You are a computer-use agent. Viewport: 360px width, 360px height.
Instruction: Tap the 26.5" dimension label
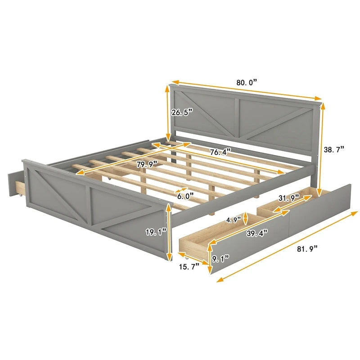pos(182,112)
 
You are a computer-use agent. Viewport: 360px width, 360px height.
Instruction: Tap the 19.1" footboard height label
pos(156,232)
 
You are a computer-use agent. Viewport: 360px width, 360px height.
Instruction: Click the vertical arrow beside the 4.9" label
pos(244,220)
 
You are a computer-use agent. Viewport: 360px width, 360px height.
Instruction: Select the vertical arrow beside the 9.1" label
pos(210,257)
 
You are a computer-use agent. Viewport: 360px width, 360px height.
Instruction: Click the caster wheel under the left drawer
pos(20,196)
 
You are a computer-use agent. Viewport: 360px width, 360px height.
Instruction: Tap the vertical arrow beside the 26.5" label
pos(168,114)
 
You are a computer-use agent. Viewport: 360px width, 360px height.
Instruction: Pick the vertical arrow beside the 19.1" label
pos(170,232)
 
